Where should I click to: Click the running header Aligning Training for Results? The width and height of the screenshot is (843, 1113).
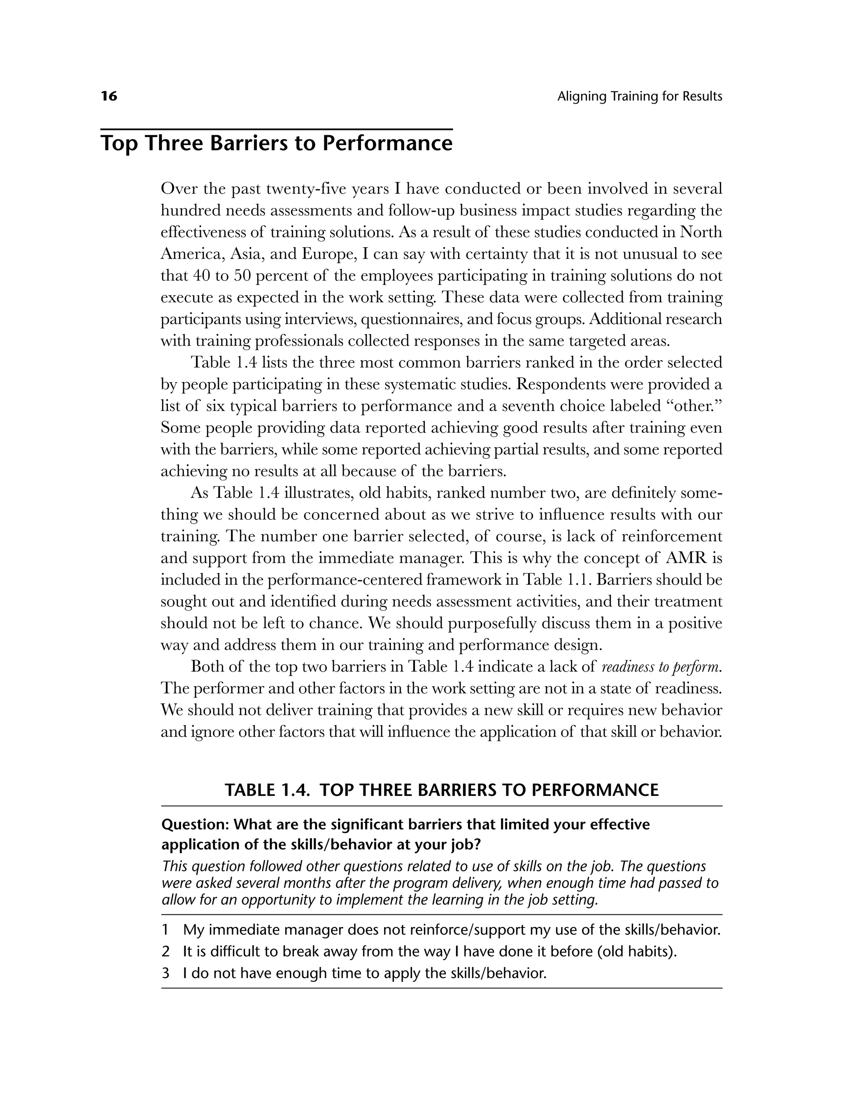[x=639, y=96]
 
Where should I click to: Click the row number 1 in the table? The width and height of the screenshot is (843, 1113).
[x=165, y=930]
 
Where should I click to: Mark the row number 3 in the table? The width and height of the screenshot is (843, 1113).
[x=165, y=973]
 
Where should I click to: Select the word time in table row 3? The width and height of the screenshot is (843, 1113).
[x=347, y=973]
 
